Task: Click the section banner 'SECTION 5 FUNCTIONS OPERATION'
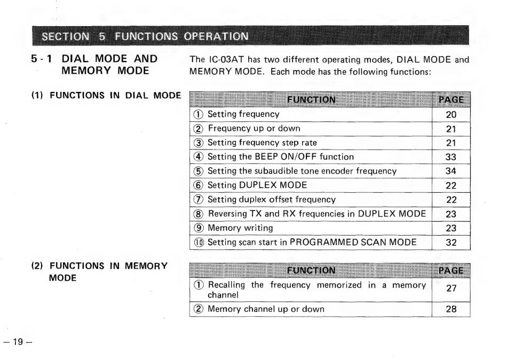145,36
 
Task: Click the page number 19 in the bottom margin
18,342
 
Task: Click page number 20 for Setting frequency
451,114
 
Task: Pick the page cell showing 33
451,157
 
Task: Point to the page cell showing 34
451,171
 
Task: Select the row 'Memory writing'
240,228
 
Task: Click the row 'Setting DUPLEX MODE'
257,185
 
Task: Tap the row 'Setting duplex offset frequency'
272,200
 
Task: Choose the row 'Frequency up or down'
254,129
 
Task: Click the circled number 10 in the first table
199,242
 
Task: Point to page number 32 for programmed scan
451,242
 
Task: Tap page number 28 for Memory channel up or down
451,309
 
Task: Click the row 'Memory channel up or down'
266,309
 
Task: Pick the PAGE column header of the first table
451,99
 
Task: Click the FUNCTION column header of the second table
311,270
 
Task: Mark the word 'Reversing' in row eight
227,214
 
